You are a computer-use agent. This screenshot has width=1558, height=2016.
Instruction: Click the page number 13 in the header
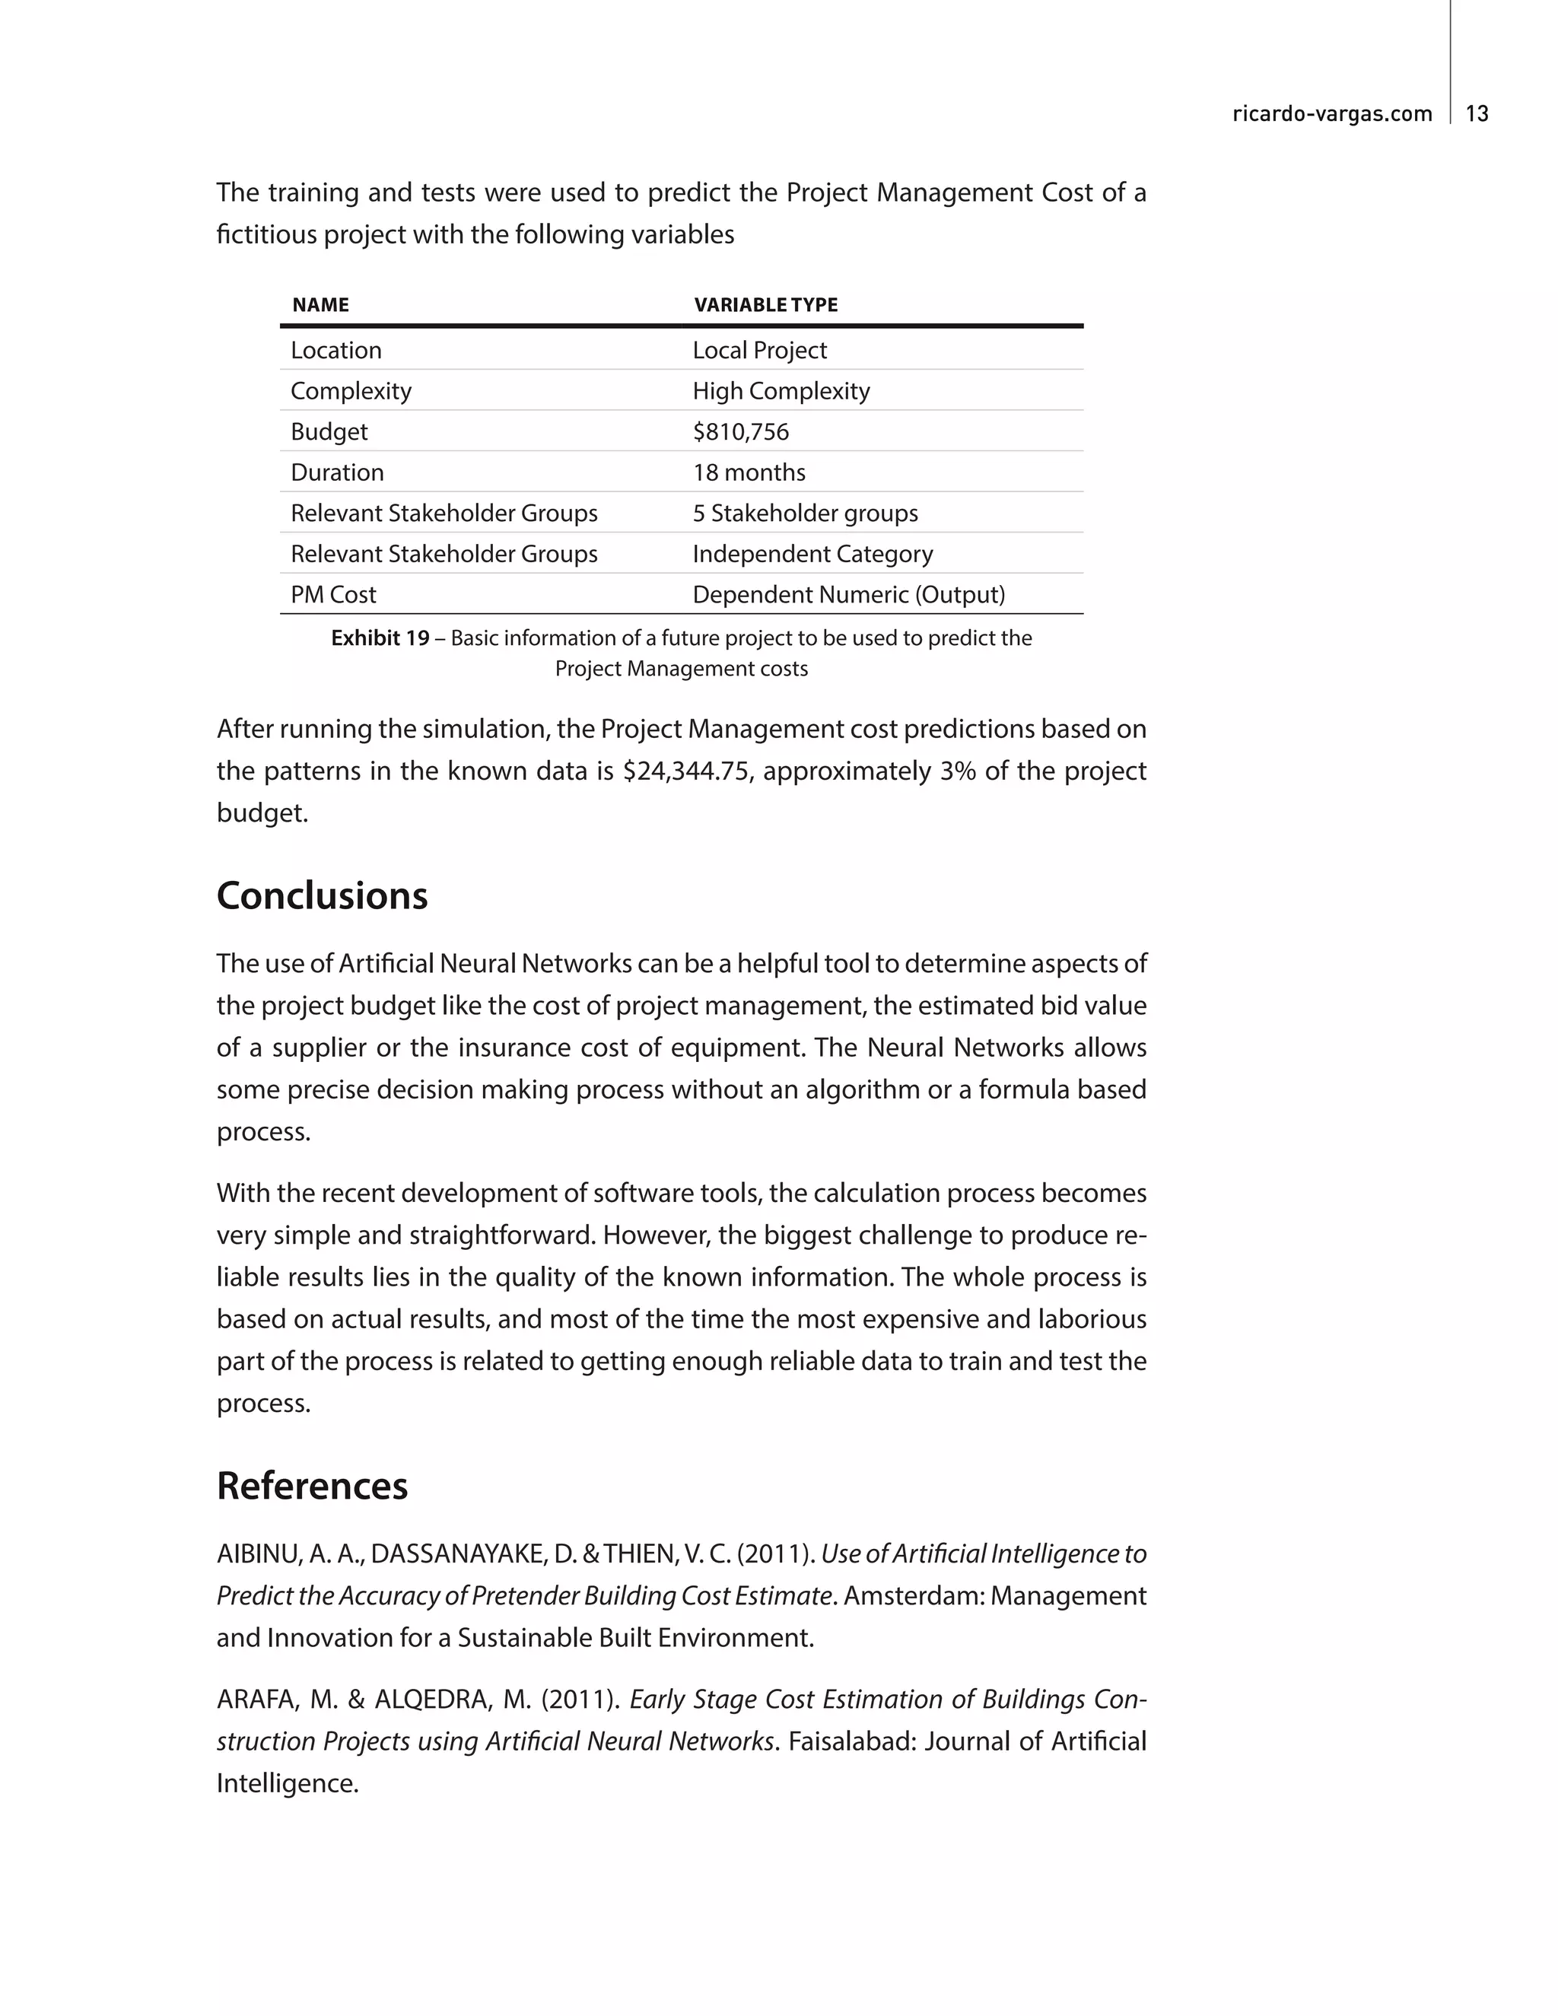(x=1477, y=113)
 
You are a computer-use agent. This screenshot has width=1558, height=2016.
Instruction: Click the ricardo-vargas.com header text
(x=1332, y=113)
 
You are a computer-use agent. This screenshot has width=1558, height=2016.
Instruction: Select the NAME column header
(x=320, y=304)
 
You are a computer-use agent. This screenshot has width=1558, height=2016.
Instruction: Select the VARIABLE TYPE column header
(x=765, y=304)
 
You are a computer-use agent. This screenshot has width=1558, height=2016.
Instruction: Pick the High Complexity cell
(x=781, y=390)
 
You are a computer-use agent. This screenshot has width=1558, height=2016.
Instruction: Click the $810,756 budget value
(x=740, y=431)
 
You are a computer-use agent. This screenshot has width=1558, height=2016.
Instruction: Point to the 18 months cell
(x=749, y=472)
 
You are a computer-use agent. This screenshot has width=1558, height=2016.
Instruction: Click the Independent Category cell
(x=812, y=553)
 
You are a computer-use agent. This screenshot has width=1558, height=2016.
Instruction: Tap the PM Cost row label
(x=333, y=593)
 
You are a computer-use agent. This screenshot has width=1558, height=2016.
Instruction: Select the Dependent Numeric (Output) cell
(x=848, y=593)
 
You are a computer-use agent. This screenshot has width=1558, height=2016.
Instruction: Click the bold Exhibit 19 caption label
(x=380, y=638)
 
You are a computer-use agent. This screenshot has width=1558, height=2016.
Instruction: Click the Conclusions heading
(x=322, y=895)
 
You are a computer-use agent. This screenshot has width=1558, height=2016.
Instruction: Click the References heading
(x=312, y=1485)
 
